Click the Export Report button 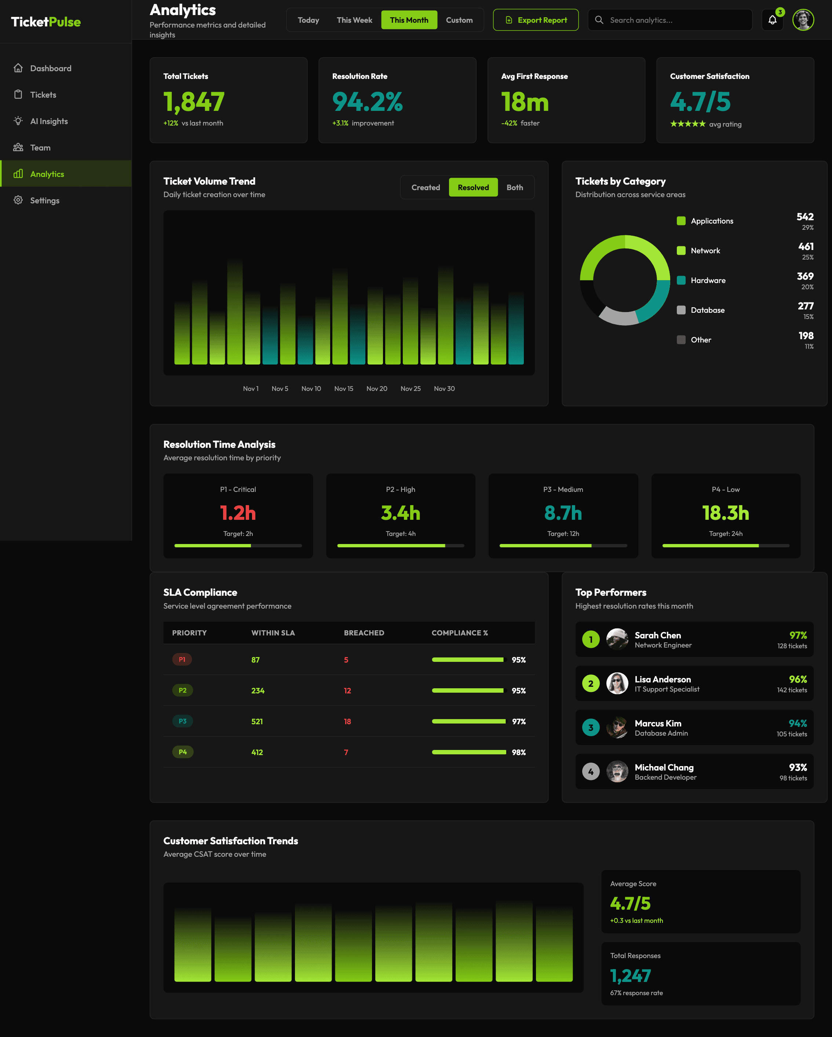(x=536, y=20)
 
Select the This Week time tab (x=354, y=20)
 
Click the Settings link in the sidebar (x=45, y=200)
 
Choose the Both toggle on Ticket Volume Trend (x=514, y=188)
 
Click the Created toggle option (x=426, y=188)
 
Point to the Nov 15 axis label (x=344, y=389)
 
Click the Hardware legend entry (x=708, y=280)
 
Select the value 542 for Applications (x=804, y=217)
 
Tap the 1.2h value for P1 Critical (x=238, y=513)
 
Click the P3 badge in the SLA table (x=183, y=721)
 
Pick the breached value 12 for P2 (x=347, y=691)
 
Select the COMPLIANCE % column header (x=460, y=633)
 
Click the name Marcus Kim (x=657, y=724)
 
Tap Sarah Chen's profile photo (x=617, y=639)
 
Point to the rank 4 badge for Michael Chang (x=591, y=772)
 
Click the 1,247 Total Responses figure (x=630, y=976)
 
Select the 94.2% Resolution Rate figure (x=367, y=102)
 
